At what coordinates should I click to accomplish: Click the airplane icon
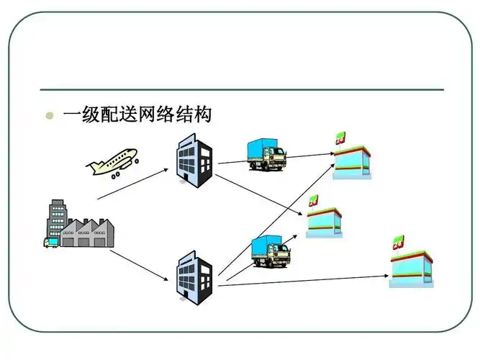click(112, 161)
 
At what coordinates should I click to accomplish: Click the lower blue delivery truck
click(271, 251)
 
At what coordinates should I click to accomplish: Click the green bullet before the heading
click(49, 115)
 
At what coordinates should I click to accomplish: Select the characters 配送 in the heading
click(118, 114)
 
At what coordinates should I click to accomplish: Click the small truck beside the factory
click(51, 242)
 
